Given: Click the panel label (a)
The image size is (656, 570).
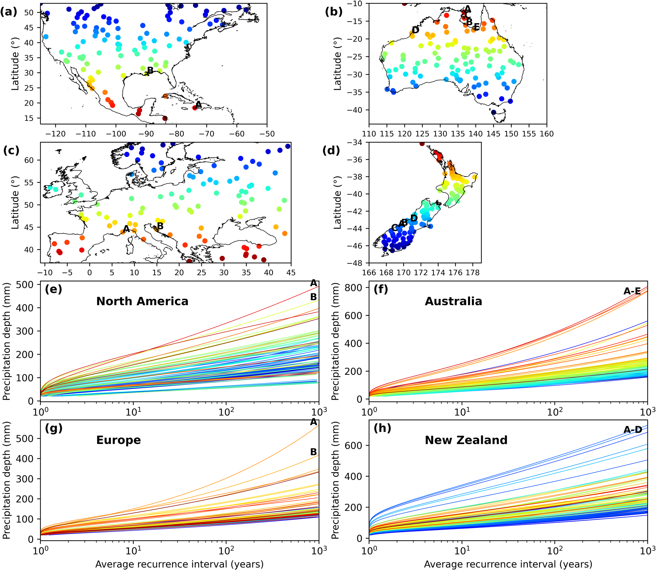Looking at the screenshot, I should (x=9, y=12).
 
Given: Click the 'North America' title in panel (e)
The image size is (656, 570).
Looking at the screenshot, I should (x=142, y=301).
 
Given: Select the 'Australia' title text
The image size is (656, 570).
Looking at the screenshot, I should (x=453, y=301).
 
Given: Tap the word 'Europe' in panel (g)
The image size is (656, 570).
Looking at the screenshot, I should (x=118, y=440).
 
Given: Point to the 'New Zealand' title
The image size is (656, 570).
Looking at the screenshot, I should (x=466, y=440).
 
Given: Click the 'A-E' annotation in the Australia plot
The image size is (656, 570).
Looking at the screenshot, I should (x=632, y=291).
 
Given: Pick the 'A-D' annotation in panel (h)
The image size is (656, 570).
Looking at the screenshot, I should (x=632, y=429).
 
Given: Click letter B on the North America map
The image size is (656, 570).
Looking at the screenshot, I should (x=150, y=70).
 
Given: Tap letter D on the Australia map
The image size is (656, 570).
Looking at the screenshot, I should (x=416, y=30).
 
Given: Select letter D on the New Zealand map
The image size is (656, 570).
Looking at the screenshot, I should (x=414, y=218).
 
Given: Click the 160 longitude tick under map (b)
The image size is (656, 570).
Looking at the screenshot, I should (x=546, y=134).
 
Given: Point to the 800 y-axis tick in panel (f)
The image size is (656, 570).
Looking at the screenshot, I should (x=354, y=287).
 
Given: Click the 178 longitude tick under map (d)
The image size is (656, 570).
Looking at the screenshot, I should (x=473, y=273).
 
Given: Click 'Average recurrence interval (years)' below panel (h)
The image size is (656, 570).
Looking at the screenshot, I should (x=508, y=564).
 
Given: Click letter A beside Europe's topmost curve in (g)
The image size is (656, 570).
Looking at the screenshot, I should (x=314, y=422).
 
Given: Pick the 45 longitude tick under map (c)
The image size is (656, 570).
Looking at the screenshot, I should (x=291, y=273).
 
